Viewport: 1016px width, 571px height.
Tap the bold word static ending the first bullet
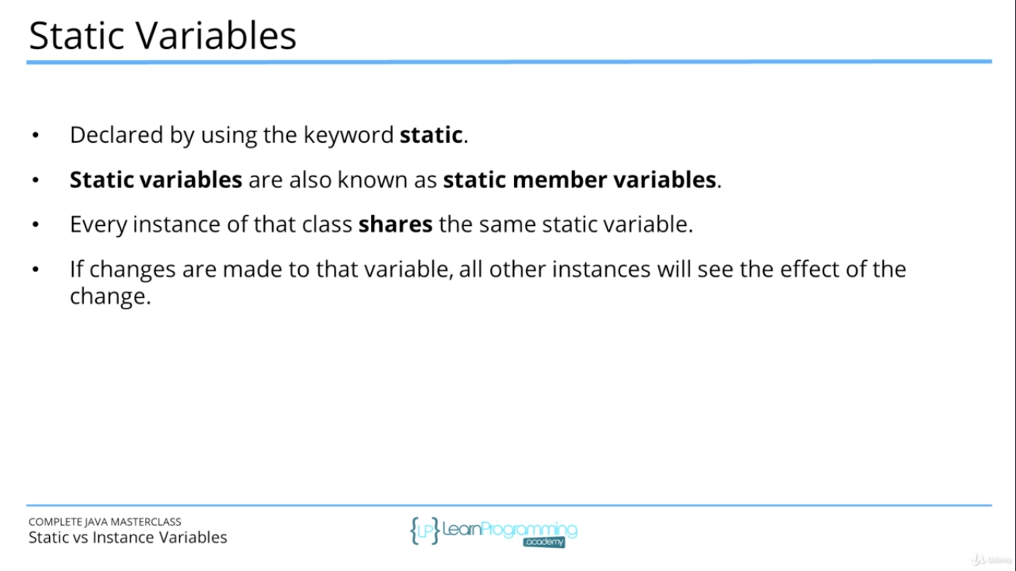point(431,135)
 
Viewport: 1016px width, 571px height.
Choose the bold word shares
point(395,225)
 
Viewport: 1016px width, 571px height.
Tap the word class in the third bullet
point(325,225)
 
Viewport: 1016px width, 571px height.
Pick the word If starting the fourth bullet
point(77,269)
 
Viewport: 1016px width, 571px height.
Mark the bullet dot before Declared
point(35,136)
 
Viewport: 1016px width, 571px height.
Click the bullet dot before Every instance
point(35,225)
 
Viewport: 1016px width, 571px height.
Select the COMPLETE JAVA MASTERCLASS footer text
point(105,522)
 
